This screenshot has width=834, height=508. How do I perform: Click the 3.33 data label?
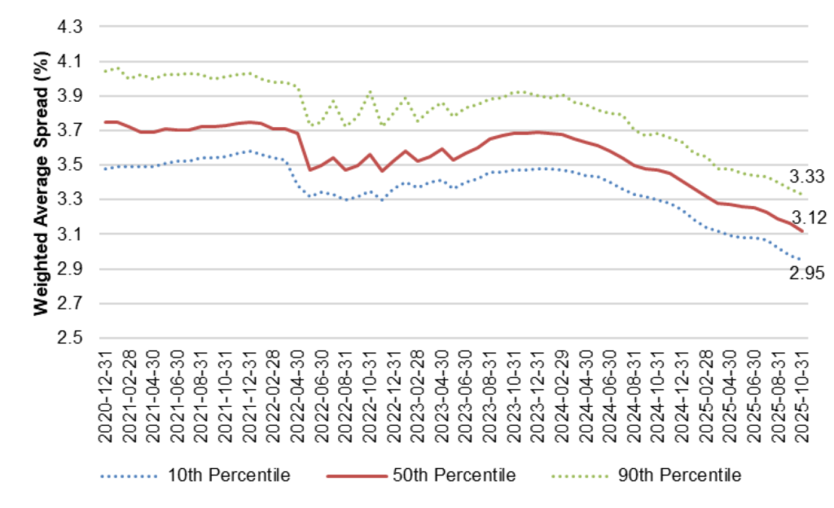809,175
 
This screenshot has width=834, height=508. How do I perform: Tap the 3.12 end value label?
809,217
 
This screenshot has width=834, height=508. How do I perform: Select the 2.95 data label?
808,274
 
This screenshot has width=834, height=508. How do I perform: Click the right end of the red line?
803,231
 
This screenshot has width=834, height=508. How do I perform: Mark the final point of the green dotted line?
803,194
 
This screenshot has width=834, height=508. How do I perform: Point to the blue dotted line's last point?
802,261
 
